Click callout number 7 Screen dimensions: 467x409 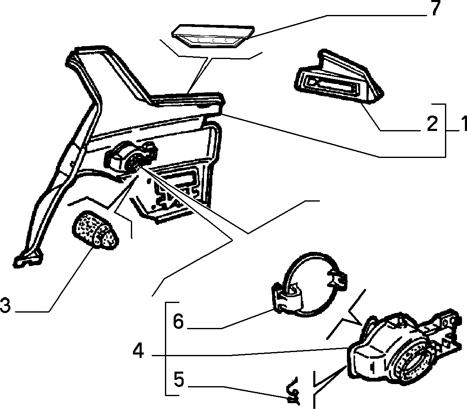click(435, 8)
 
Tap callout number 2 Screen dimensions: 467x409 click(432, 123)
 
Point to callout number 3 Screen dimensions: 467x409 click(5, 306)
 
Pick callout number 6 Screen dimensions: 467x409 click(178, 322)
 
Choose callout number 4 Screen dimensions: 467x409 click(138, 351)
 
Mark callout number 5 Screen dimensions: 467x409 click(179, 380)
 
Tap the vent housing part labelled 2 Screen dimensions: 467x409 click(338, 78)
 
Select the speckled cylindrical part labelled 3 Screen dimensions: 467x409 click(95, 230)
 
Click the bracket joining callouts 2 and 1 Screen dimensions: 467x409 click(445, 131)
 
